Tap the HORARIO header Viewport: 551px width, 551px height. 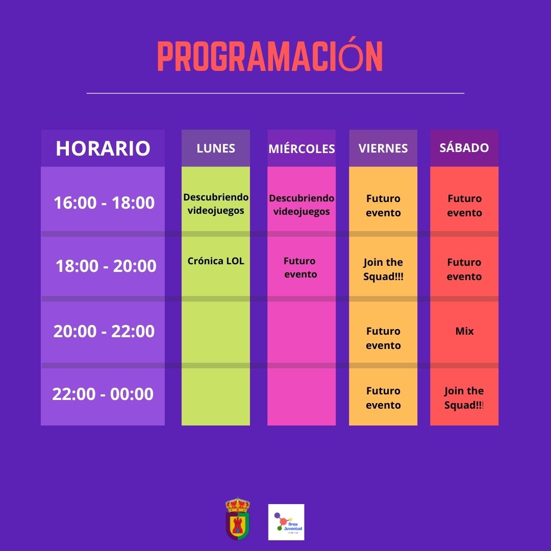[103, 148]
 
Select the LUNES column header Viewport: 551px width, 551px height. [216, 148]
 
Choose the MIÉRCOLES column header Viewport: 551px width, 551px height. [302, 148]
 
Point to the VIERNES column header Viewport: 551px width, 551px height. [383, 148]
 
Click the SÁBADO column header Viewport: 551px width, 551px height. [464, 147]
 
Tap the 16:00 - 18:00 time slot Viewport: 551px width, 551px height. [104, 203]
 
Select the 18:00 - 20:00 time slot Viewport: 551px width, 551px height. [106, 266]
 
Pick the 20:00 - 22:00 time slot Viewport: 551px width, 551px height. [104, 332]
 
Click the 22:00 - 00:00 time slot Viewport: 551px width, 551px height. [103, 394]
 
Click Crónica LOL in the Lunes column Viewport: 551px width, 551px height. [216, 261]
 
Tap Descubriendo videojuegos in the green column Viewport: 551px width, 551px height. [216, 204]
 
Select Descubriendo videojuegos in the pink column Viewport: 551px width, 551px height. [302, 205]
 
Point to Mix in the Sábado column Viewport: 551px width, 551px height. [464, 331]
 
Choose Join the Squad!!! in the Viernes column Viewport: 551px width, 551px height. [383, 269]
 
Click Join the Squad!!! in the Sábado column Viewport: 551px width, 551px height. [464, 398]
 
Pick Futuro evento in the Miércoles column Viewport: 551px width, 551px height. [300, 267]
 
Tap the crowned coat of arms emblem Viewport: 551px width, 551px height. [238, 518]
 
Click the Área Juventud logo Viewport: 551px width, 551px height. [286, 522]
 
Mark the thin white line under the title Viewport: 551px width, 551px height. [275, 93]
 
